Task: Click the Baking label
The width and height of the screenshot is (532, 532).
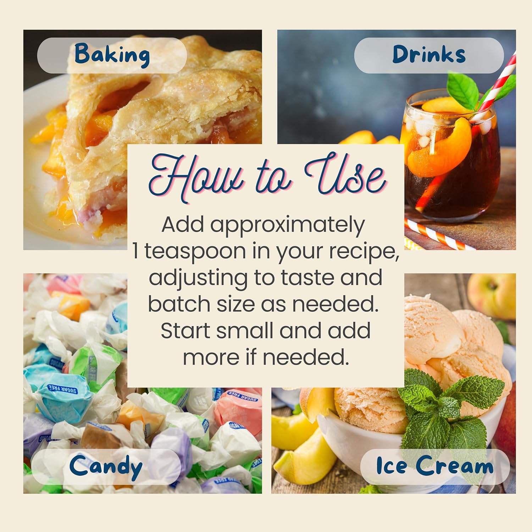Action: (112, 55)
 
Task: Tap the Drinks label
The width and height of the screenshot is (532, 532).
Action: (429, 55)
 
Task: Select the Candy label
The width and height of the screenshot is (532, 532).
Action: (106, 467)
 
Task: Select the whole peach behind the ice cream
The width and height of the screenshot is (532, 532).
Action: (492, 296)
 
